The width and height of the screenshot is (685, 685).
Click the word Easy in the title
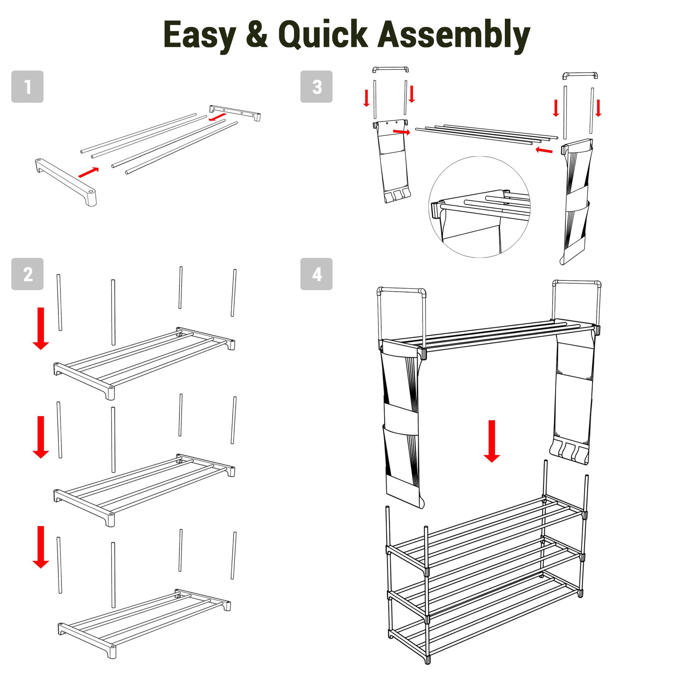[x=200, y=35]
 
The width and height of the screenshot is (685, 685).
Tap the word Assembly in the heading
[x=453, y=35]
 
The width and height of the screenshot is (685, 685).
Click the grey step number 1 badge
[x=27, y=87]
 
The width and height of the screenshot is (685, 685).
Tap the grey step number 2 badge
[x=27, y=274]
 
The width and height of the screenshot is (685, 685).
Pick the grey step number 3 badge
[x=316, y=87]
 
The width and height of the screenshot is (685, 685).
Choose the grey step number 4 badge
[x=316, y=274]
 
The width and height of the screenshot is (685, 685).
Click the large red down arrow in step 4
[x=492, y=441]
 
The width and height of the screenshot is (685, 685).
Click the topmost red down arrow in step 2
[x=41, y=329]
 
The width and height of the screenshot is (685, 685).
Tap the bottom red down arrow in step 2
[x=41, y=547]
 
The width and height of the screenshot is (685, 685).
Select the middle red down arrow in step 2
[x=41, y=437]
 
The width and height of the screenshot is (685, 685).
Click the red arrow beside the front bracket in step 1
[x=88, y=172]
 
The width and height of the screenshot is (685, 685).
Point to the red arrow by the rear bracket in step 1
[x=217, y=117]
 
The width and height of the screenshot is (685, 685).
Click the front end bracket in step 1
[x=66, y=182]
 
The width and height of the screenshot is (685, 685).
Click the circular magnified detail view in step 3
[x=480, y=207]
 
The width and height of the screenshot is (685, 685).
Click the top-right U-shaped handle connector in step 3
[x=580, y=74]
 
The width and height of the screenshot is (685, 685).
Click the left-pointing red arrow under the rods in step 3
[x=544, y=150]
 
